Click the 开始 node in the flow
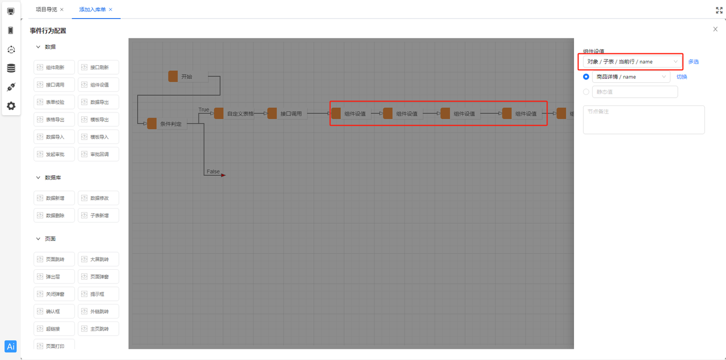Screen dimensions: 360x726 coord(187,77)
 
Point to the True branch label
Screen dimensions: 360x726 coord(204,109)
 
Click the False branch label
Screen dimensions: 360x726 coord(213,171)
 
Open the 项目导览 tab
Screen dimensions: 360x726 coord(47,10)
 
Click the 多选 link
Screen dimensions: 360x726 coord(693,62)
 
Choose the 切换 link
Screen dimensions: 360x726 coord(681,77)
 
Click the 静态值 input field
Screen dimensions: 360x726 coord(634,92)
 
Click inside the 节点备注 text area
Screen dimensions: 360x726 coord(643,120)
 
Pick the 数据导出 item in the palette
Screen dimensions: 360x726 coord(99,102)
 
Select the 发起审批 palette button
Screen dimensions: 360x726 coord(55,154)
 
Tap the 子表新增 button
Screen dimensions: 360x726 coord(99,215)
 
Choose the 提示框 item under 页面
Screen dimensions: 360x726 coord(99,294)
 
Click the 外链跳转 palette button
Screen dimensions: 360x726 coord(99,311)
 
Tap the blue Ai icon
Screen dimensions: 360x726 coord(11,346)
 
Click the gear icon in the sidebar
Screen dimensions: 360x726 coord(11,106)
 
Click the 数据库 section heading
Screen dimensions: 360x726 coord(53,177)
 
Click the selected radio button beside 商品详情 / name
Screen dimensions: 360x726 coord(586,77)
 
